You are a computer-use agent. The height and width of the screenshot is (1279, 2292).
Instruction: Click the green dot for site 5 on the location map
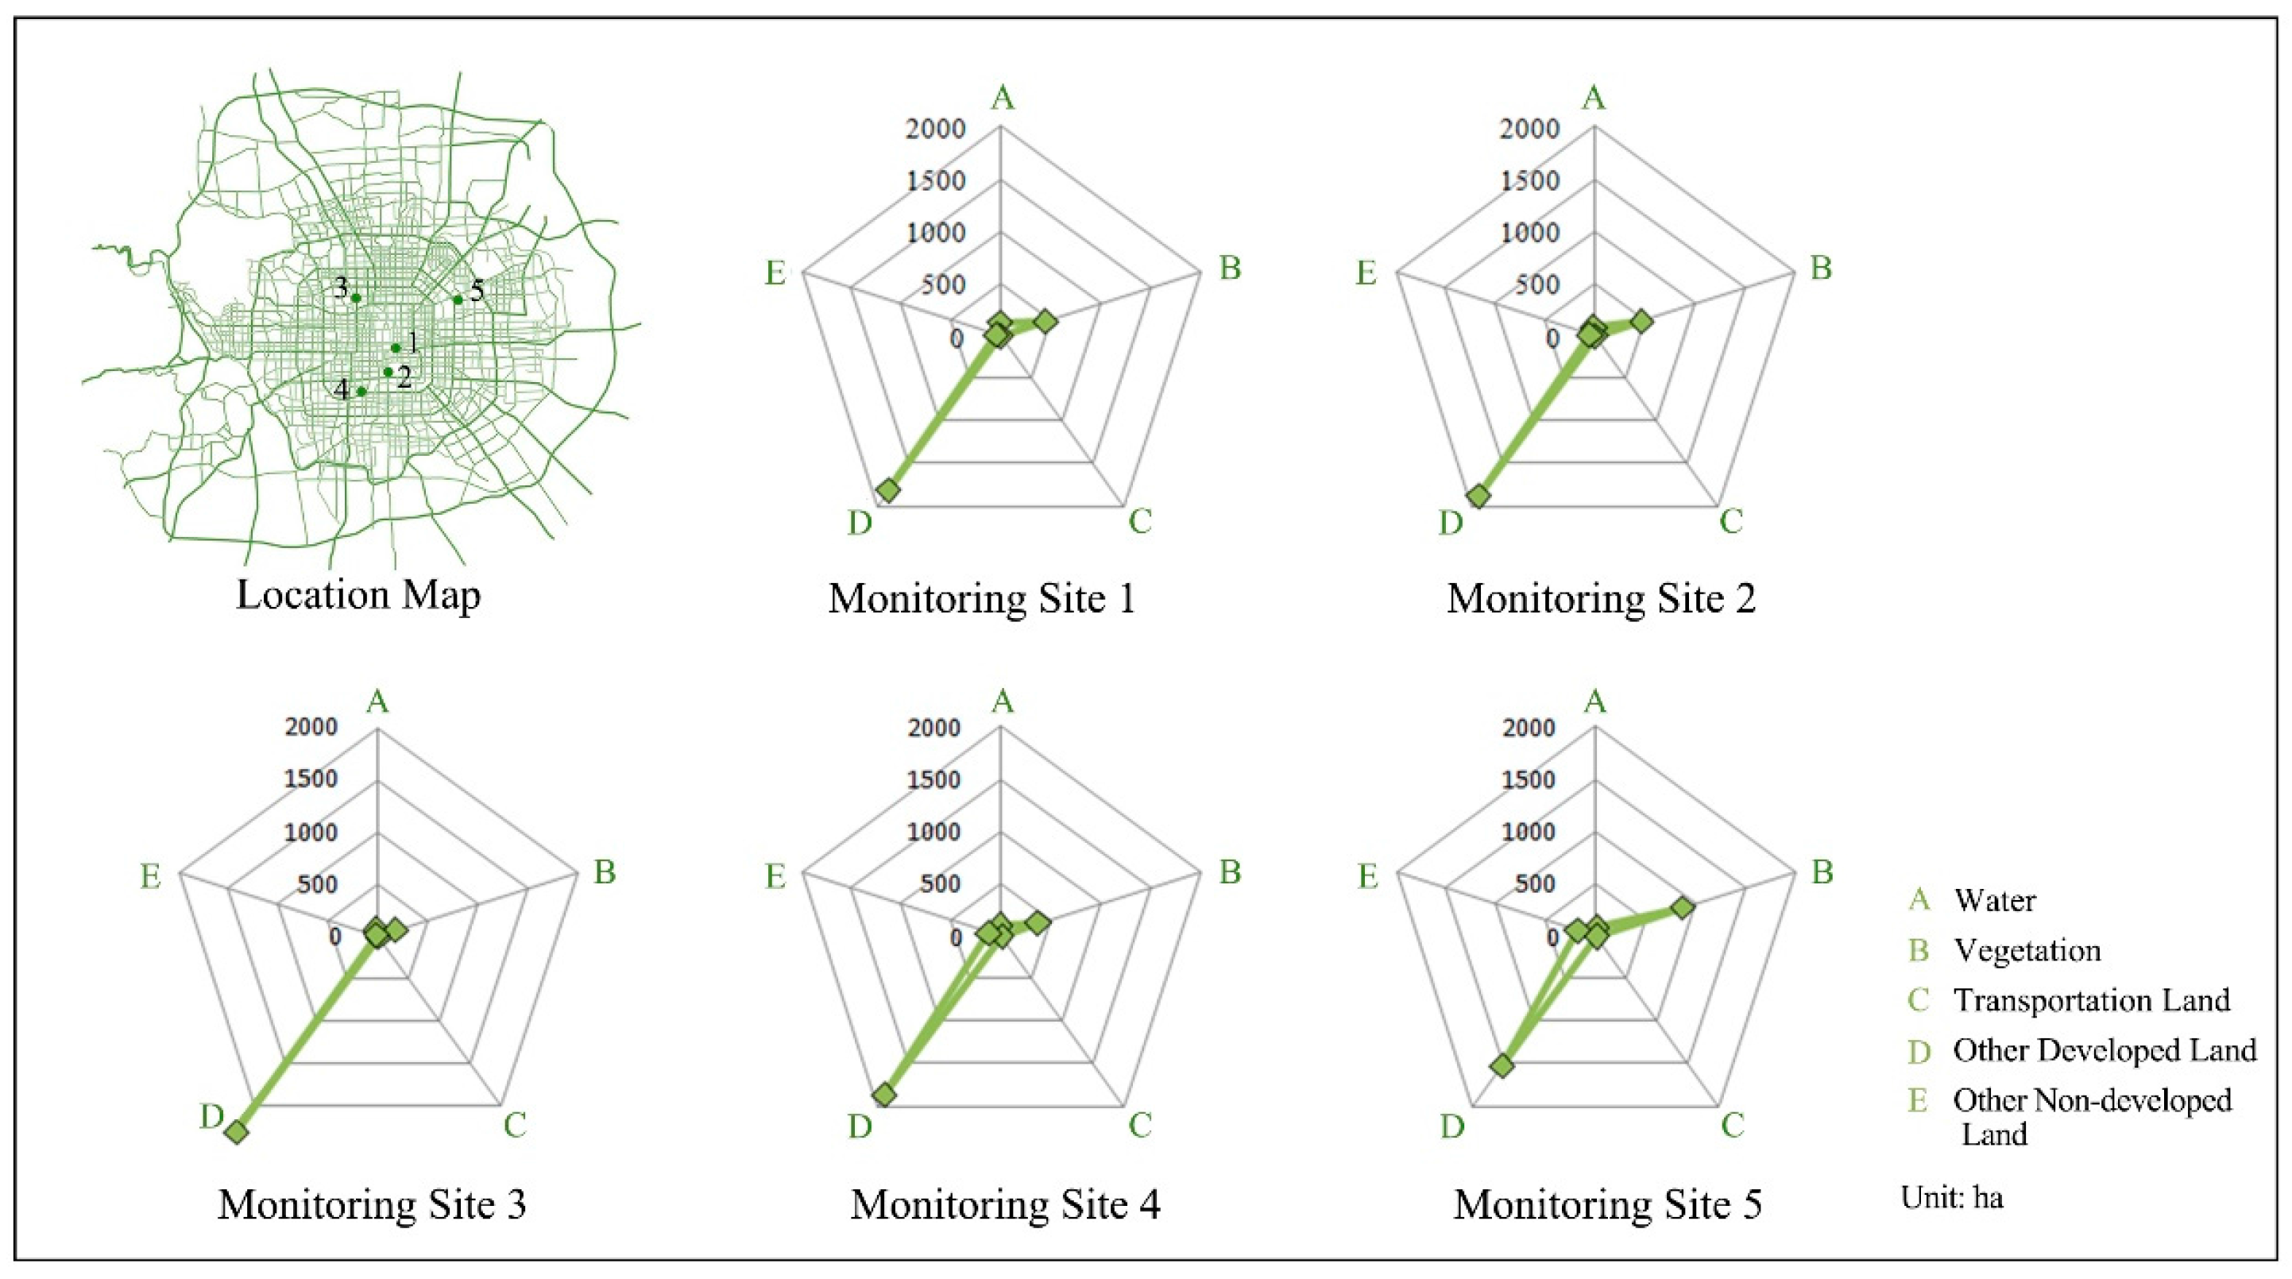458,299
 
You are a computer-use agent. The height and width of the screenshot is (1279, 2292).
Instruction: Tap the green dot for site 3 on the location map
357,298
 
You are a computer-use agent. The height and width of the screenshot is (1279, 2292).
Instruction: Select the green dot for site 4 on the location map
361,392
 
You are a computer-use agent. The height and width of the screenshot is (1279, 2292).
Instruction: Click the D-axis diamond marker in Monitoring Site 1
887,490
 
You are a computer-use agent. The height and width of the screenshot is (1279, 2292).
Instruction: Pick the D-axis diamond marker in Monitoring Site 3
237,1132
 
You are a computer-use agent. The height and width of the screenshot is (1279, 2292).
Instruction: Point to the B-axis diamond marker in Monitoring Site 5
1682,908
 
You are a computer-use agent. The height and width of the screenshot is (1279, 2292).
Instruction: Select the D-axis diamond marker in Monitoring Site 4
884,1094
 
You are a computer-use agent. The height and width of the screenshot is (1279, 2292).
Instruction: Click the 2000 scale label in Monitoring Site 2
1529,129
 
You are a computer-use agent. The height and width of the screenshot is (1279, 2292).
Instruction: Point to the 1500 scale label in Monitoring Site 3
311,779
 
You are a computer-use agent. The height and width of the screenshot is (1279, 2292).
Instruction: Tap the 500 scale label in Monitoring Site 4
942,884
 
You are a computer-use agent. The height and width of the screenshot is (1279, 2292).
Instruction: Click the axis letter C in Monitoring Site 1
1140,522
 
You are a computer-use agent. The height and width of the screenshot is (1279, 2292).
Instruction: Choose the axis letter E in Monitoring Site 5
1367,877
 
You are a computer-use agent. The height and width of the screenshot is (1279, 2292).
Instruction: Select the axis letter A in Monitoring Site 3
378,701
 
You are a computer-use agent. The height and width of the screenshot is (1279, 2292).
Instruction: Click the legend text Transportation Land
2091,1001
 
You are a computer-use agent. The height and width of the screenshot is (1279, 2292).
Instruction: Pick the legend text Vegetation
2027,951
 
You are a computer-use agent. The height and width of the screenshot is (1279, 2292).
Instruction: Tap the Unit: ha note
1952,1197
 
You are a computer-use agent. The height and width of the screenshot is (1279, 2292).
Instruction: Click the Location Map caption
358,594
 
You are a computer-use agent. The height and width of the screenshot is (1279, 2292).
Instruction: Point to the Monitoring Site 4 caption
1006,1205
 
